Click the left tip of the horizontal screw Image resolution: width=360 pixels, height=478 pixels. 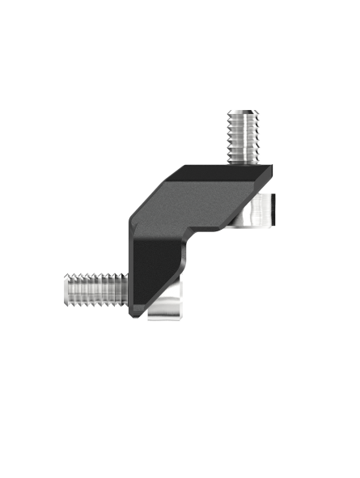(65, 287)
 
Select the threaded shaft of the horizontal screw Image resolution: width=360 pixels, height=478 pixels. (93, 287)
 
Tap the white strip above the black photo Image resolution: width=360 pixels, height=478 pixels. (180, 28)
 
